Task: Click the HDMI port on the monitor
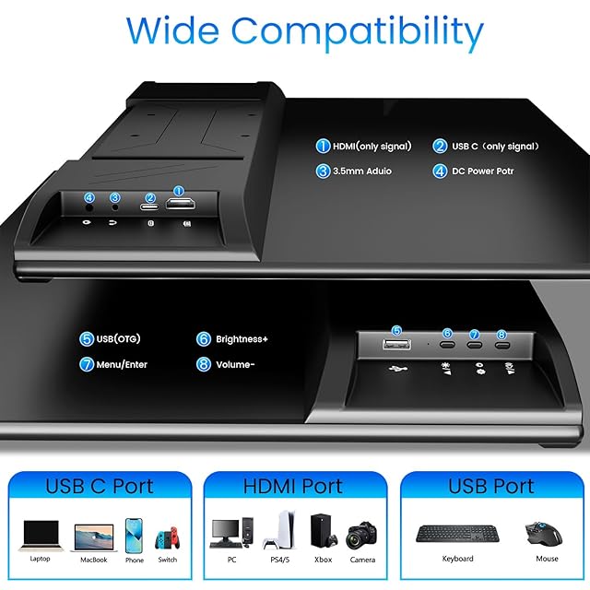point(181,204)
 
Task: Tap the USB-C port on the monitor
point(149,206)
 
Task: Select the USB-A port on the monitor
point(396,344)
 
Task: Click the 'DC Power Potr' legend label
point(483,171)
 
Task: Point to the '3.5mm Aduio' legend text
point(362,171)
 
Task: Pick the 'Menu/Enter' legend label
point(122,364)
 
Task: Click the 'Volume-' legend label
point(235,364)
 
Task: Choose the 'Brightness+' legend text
point(242,339)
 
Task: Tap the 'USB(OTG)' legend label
point(118,338)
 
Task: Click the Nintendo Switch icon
point(168,537)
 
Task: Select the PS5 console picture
point(280,531)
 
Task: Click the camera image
point(361,536)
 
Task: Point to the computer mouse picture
point(543,533)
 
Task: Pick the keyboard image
point(457,534)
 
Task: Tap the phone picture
point(134,536)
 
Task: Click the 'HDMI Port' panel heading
point(293,486)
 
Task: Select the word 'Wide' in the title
point(172,30)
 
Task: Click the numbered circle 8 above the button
point(501,335)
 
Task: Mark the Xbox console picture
point(322,531)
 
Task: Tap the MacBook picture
point(94,538)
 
